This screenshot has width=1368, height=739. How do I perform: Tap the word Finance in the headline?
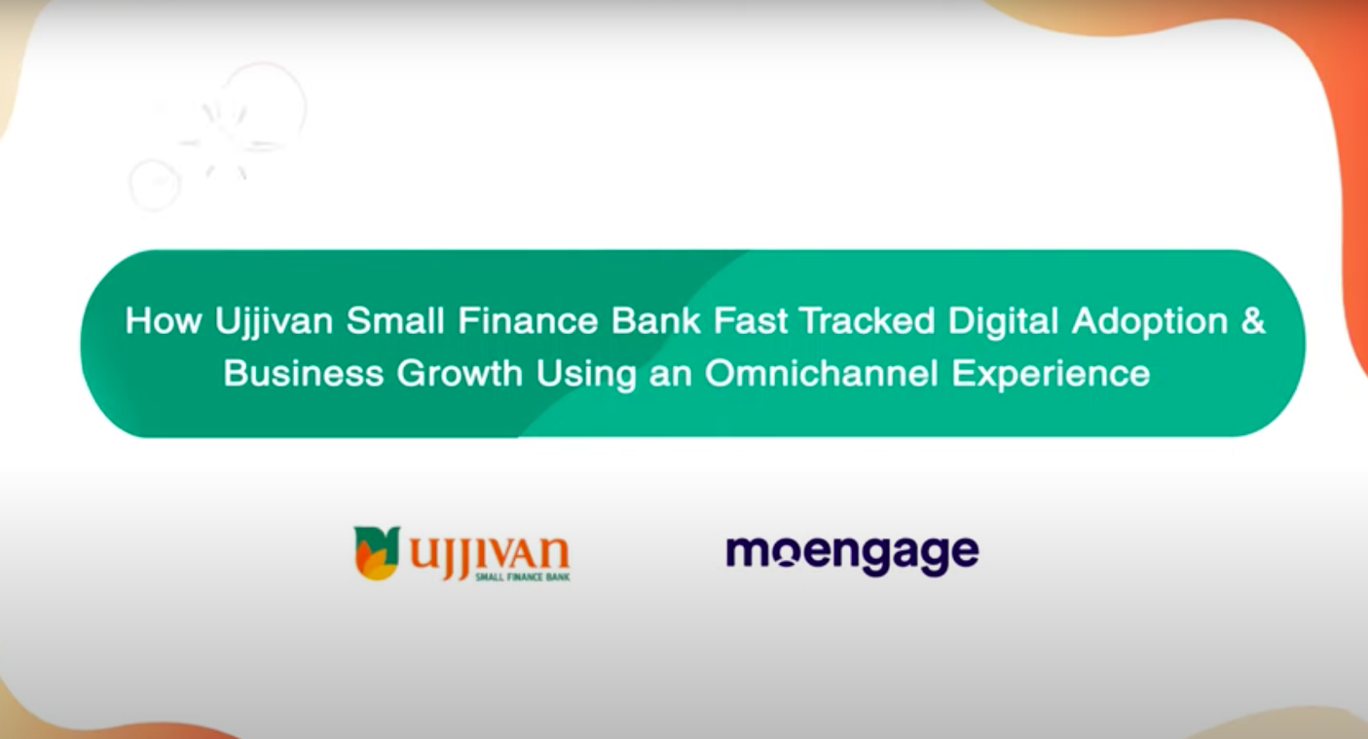pyautogui.click(x=533, y=321)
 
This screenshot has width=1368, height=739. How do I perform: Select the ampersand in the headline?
pyautogui.click(x=1252, y=321)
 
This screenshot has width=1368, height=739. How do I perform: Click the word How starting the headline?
pyautogui.click(x=163, y=321)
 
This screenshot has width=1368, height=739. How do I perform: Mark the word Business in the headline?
pyautogui.click(x=304, y=374)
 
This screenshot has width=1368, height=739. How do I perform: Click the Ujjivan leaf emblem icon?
pyautogui.click(x=376, y=552)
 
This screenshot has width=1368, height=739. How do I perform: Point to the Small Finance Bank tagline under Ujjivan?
pyautogui.click(x=522, y=577)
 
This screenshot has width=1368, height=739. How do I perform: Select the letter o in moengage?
pyautogui.click(x=790, y=553)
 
